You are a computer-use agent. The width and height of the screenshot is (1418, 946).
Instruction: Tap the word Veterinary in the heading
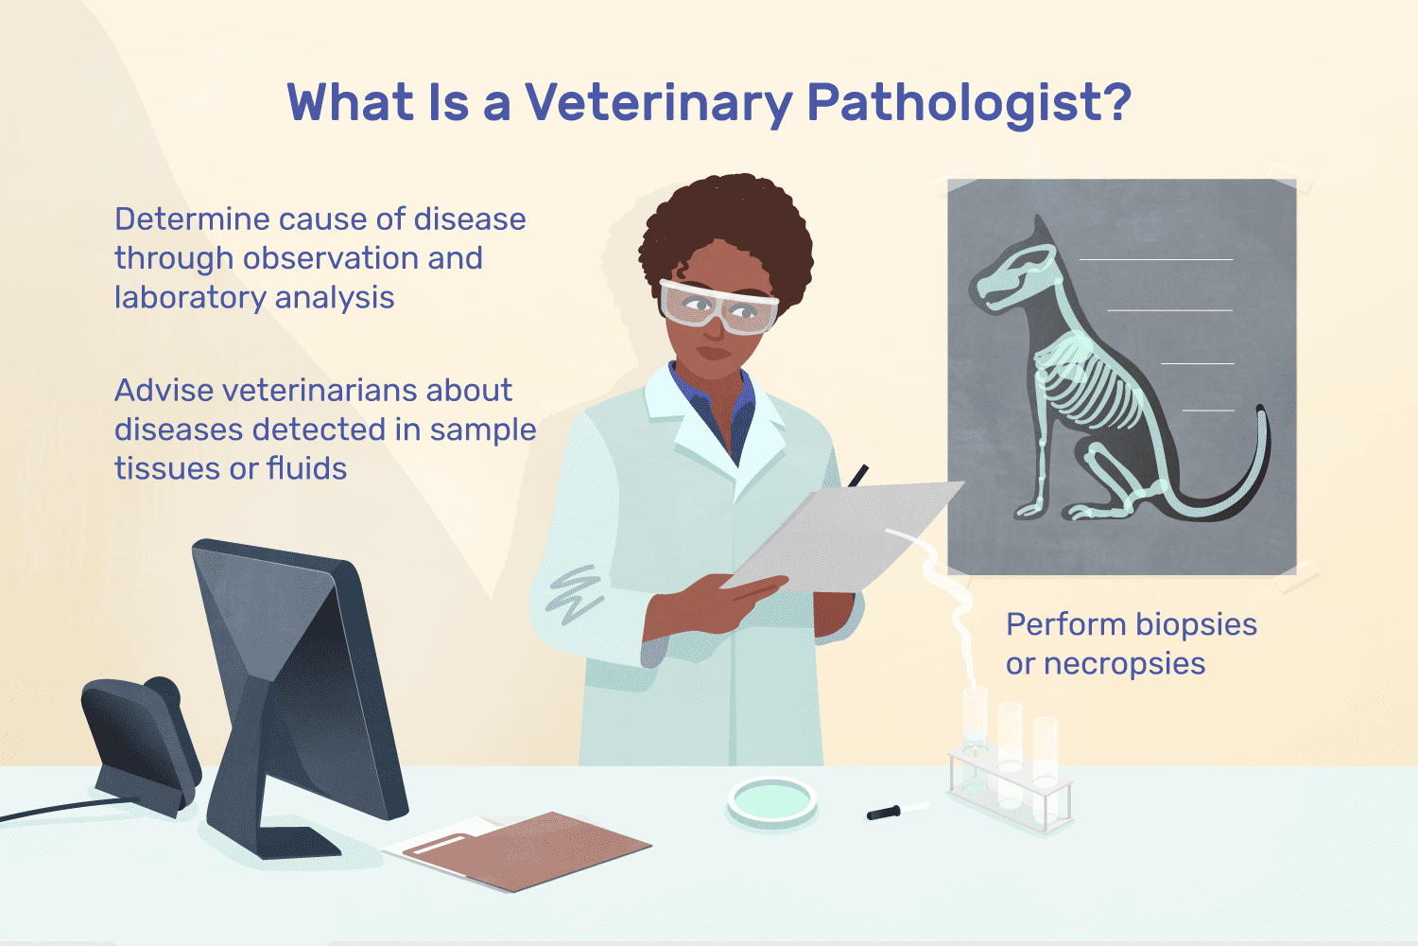(x=659, y=104)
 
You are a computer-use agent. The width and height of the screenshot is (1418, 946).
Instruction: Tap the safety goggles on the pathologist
(x=718, y=307)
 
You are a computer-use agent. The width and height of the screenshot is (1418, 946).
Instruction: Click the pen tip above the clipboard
(x=858, y=475)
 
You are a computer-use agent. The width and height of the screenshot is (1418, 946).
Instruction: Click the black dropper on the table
(x=884, y=813)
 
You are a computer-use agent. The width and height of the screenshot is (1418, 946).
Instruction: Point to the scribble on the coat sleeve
(x=575, y=594)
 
